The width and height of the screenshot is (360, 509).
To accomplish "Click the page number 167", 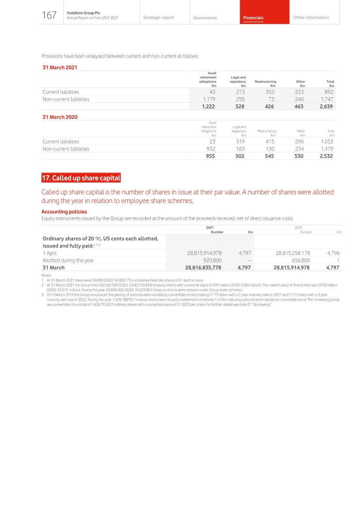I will [49, 16].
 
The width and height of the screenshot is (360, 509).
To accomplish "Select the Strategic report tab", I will [158, 17].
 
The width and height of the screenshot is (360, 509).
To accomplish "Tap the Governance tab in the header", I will [205, 18].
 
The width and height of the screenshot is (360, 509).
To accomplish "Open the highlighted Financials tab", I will [253, 18].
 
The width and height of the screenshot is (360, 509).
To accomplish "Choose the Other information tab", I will [311, 17].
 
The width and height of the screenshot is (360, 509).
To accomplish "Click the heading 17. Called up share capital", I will [81, 178].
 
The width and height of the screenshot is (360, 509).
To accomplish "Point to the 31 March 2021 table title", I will [60, 68].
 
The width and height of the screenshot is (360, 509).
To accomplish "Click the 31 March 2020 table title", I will [60, 117].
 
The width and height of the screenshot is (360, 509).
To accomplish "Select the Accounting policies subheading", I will [64, 212].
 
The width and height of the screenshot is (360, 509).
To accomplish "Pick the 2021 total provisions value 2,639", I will [326, 106].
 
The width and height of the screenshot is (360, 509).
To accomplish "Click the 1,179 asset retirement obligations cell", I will [210, 99].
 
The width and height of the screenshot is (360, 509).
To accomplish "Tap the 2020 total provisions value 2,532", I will [326, 156].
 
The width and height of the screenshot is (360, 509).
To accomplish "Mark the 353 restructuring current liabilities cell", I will [270, 92].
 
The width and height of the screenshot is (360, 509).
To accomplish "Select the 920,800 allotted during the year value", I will [212, 261].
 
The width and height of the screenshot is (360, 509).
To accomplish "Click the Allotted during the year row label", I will [68, 261].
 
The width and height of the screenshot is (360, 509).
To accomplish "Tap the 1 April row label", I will [50, 253].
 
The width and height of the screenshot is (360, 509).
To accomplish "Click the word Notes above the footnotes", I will [46, 275].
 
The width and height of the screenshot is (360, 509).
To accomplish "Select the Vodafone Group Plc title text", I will [83, 13].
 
